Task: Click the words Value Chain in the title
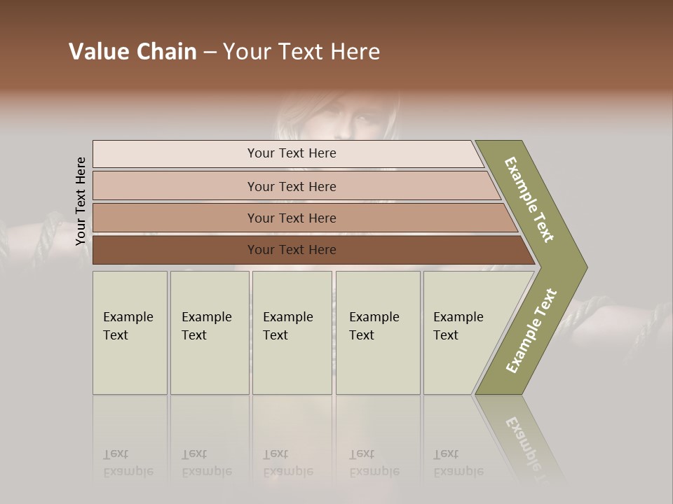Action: (x=132, y=52)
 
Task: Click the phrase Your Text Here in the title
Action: (x=301, y=52)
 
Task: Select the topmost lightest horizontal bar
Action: (x=291, y=153)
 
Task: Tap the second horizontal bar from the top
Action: (x=291, y=186)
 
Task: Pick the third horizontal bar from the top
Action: (x=291, y=218)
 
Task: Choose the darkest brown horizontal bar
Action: (x=291, y=250)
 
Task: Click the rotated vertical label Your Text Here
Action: (x=81, y=201)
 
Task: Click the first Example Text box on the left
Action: (x=130, y=332)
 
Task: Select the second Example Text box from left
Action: (x=209, y=332)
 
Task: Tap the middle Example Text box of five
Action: (x=292, y=332)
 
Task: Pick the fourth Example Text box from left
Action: (x=377, y=332)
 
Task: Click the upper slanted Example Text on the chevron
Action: (x=529, y=199)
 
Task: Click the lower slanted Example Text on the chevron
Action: (x=531, y=331)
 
